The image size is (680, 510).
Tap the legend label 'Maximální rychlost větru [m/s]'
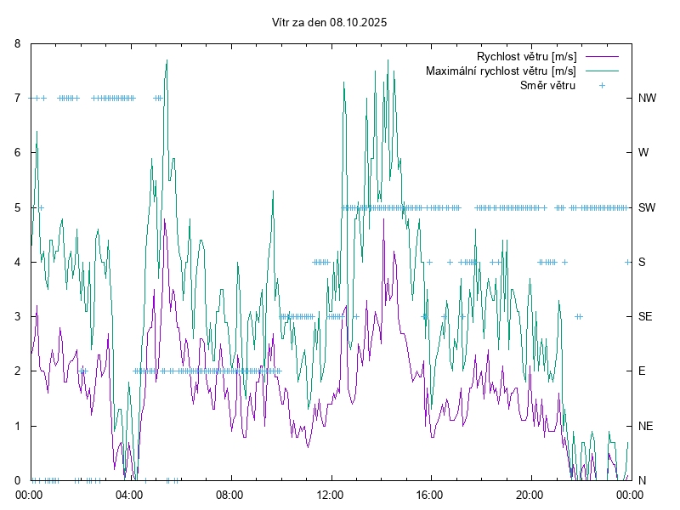pyautogui.click(x=501, y=71)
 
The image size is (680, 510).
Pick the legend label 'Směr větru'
pyautogui.click(x=547, y=85)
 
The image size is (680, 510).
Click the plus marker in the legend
pyautogui.click(x=601, y=85)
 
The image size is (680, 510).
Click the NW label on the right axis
pyautogui.click(x=647, y=98)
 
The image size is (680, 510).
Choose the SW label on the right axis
pyautogui.click(x=647, y=207)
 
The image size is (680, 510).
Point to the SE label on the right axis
pyautogui.click(x=645, y=316)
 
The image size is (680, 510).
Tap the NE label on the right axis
pyautogui.click(x=645, y=426)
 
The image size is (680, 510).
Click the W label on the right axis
pyautogui.click(x=643, y=153)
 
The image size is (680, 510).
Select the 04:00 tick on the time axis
pyautogui.click(x=130, y=494)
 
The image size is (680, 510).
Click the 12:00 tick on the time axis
pyautogui.click(x=330, y=494)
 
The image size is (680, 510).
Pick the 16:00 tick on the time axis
pyautogui.click(x=430, y=494)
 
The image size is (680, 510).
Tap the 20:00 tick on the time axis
pyautogui.click(x=530, y=494)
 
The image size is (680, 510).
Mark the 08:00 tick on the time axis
pyautogui.click(x=229, y=494)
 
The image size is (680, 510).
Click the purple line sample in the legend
pyautogui.click(x=601, y=56)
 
